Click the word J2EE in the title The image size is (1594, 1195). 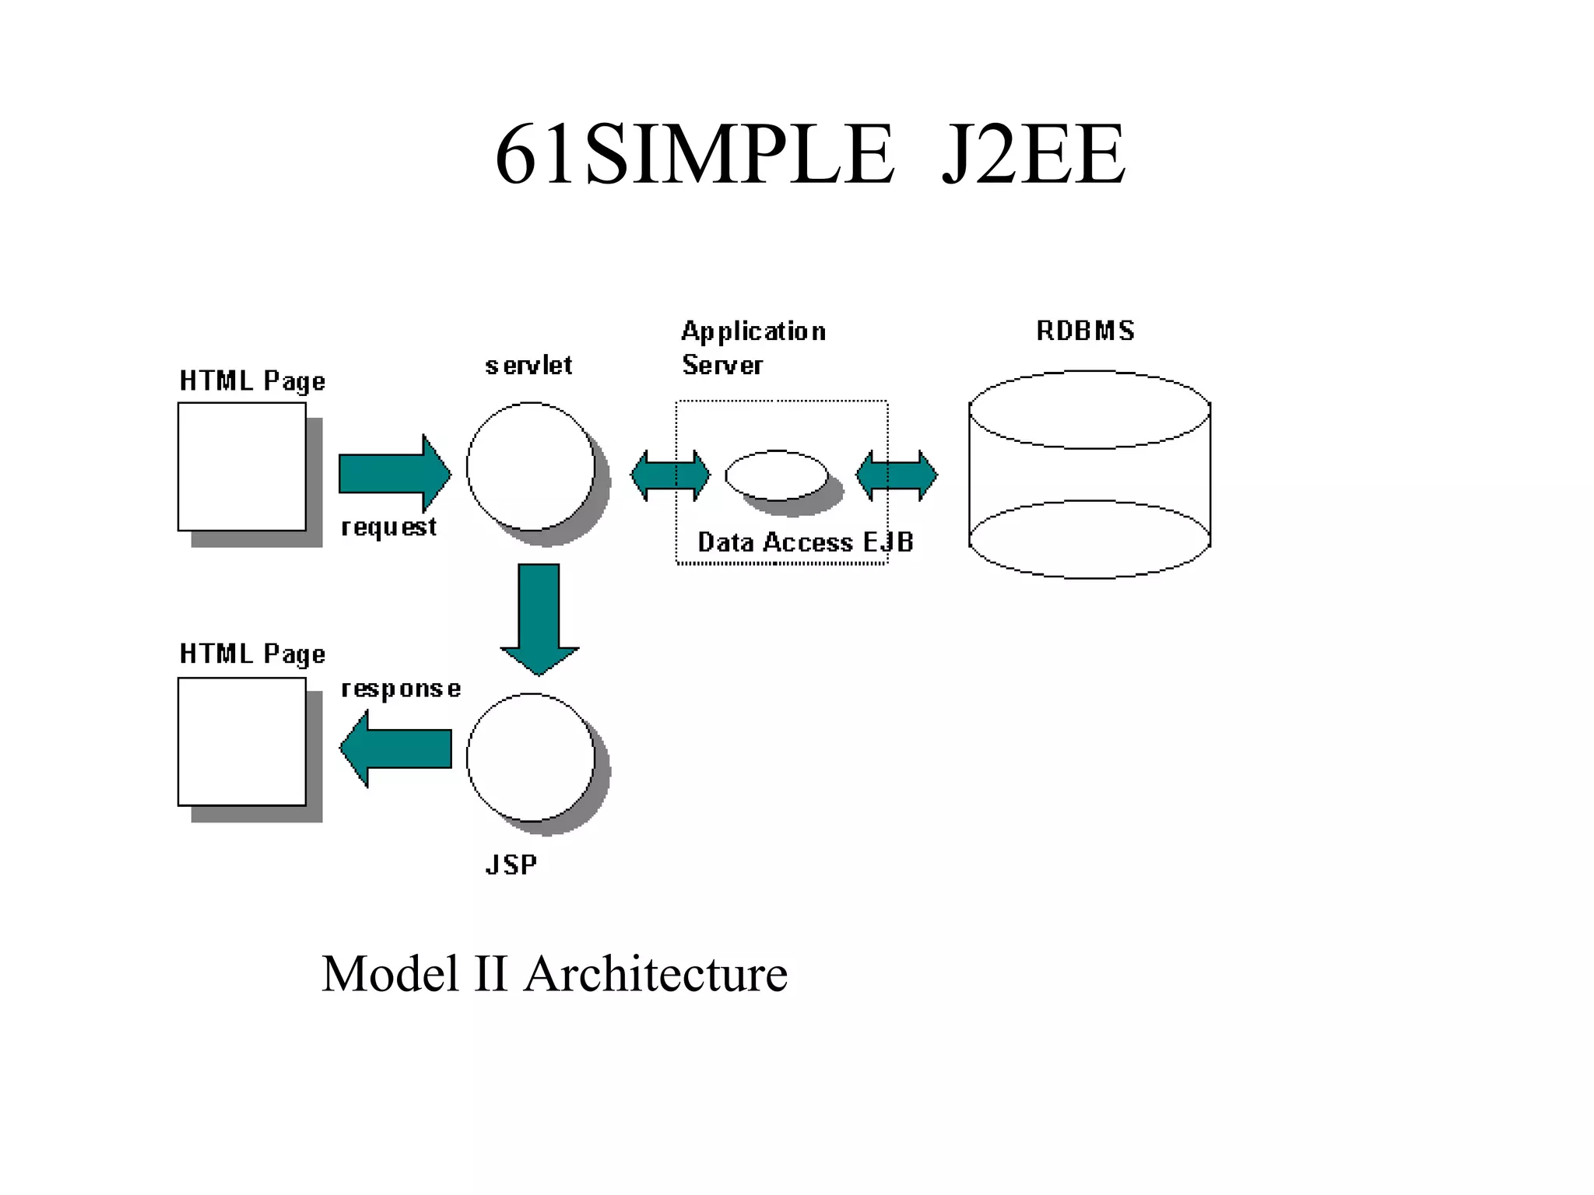[1033, 156]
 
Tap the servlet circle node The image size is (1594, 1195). [530, 466]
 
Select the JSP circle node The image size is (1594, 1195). [530, 757]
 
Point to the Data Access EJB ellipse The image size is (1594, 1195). [777, 475]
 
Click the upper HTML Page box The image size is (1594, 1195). [242, 466]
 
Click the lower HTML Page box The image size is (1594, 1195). [242, 741]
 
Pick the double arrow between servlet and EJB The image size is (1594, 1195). [670, 475]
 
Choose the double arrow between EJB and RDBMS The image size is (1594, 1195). [897, 475]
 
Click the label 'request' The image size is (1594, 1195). [388, 527]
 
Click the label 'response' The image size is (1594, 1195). [401, 689]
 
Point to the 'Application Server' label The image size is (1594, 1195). [753, 348]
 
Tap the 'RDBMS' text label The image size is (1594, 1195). [1085, 331]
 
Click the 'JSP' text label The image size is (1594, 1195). [511, 865]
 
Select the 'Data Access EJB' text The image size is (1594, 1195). [805, 542]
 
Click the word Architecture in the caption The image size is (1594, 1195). [655, 974]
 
